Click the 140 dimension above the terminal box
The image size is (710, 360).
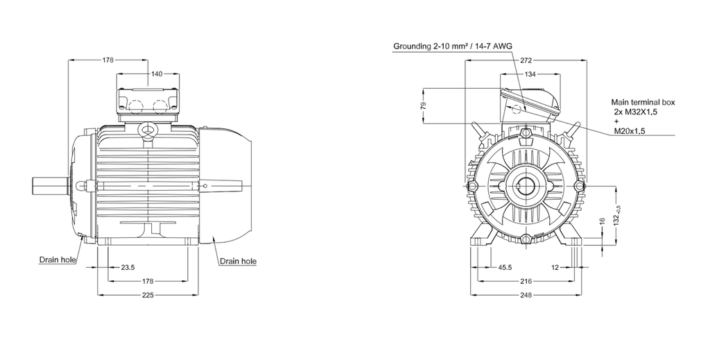tap(157, 74)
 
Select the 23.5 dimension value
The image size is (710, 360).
tap(128, 266)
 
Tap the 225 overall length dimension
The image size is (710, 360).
tap(148, 295)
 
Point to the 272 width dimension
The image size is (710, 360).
tap(526, 60)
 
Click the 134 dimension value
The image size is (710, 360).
tap(529, 74)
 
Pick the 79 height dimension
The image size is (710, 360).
tap(424, 105)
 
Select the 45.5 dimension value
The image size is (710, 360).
tap(505, 267)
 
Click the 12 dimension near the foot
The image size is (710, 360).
tap(555, 267)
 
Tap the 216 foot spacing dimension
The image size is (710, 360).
tap(525, 281)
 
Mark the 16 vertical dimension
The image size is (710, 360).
tap(603, 222)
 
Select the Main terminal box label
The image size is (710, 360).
tap(643, 101)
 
